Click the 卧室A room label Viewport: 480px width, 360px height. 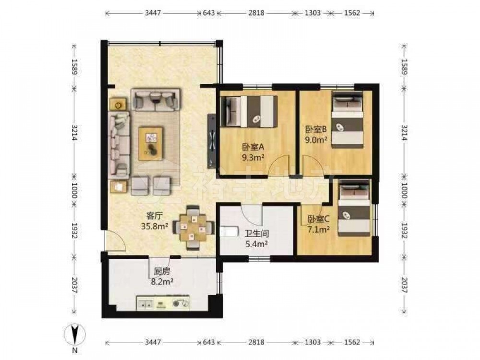pyautogui.click(x=253, y=147)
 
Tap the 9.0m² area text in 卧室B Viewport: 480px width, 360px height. pyautogui.click(x=316, y=140)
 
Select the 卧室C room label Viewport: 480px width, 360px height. pyautogui.click(x=318, y=219)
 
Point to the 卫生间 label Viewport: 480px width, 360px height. pyautogui.click(x=256, y=234)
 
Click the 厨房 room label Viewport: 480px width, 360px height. pyautogui.click(x=162, y=271)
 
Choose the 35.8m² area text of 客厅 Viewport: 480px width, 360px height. pyautogui.click(x=154, y=226)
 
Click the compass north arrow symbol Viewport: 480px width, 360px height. pyautogui.click(x=74, y=335)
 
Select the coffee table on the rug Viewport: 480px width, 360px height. pyautogui.click(x=150, y=144)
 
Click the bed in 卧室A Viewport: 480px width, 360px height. pyautogui.click(x=249, y=111)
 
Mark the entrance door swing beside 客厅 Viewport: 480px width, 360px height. pyautogui.click(x=115, y=240)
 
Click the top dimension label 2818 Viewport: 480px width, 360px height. pyautogui.click(x=256, y=13)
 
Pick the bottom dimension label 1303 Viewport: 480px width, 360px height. pyautogui.click(x=313, y=342)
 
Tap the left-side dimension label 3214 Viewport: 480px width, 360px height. pyautogui.click(x=74, y=133)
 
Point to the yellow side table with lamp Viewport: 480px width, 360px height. pyautogui.click(x=118, y=105)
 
